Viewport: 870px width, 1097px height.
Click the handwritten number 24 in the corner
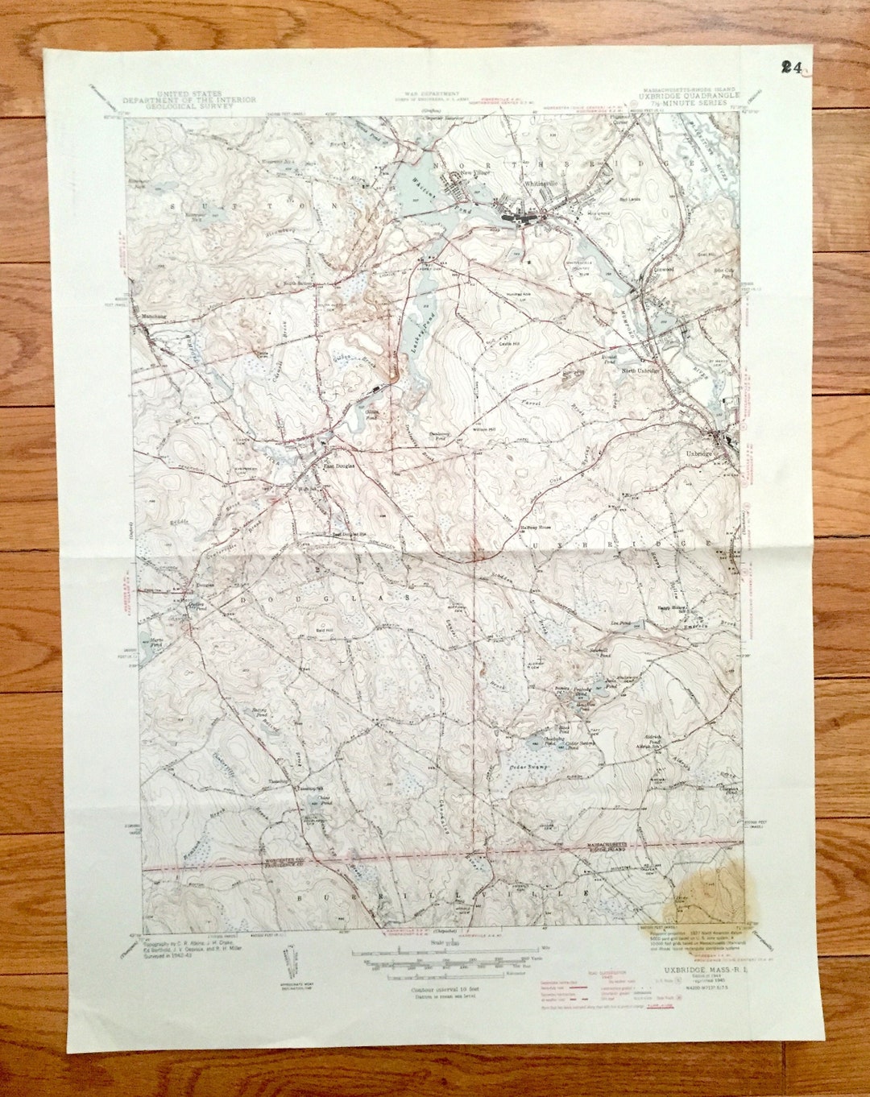pyautogui.click(x=791, y=68)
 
